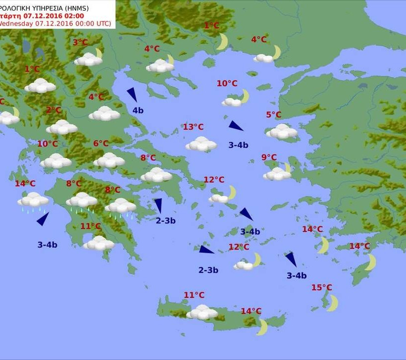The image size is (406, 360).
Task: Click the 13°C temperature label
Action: [193, 127]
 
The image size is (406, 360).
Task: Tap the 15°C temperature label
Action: [321, 288]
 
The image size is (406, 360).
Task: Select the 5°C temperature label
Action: [273, 115]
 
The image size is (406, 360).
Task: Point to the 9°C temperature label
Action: [269, 157]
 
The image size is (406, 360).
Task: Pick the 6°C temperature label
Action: [101, 144]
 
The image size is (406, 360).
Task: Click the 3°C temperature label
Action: [80, 43]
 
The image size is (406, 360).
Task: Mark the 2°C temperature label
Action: [53, 110]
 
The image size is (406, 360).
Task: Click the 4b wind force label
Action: [138, 110]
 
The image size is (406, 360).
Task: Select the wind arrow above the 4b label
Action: [132, 95]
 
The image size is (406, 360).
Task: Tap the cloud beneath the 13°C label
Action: [201, 144]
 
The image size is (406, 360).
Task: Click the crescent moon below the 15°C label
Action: [332, 303]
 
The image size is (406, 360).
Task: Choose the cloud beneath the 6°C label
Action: [109, 160]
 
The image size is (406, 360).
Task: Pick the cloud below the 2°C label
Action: [62, 127]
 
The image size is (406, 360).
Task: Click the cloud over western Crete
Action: [202, 312]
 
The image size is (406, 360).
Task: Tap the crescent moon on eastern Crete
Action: [262, 326]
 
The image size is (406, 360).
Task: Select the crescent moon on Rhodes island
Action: [371, 261]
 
